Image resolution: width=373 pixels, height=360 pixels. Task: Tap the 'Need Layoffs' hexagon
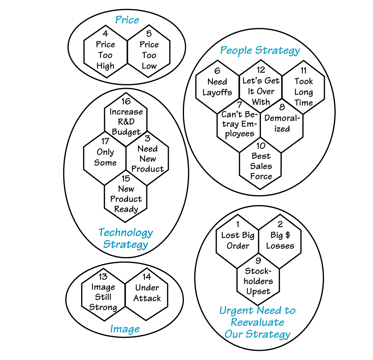pyautogui.click(x=217, y=87)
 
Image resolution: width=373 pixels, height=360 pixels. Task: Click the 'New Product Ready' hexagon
pyautogui.click(x=126, y=197)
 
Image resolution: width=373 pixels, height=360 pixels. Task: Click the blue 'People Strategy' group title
pyautogui.click(x=260, y=50)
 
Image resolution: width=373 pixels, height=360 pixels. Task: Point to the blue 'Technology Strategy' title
pyautogui.click(x=125, y=238)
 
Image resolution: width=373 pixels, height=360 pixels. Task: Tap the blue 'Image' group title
pyautogui.click(x=125, y=329)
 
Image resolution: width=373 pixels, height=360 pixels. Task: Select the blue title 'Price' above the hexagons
pyautogui.click(x=127, y=20)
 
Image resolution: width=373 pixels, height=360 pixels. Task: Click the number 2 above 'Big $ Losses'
pyautogui.click(x=280, y=224)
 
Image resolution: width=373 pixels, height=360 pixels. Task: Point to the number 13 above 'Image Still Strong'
pyautogui.click(x=103, y=276)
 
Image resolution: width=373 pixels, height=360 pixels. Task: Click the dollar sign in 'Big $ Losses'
pyautogui.click(x=287, y=235)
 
